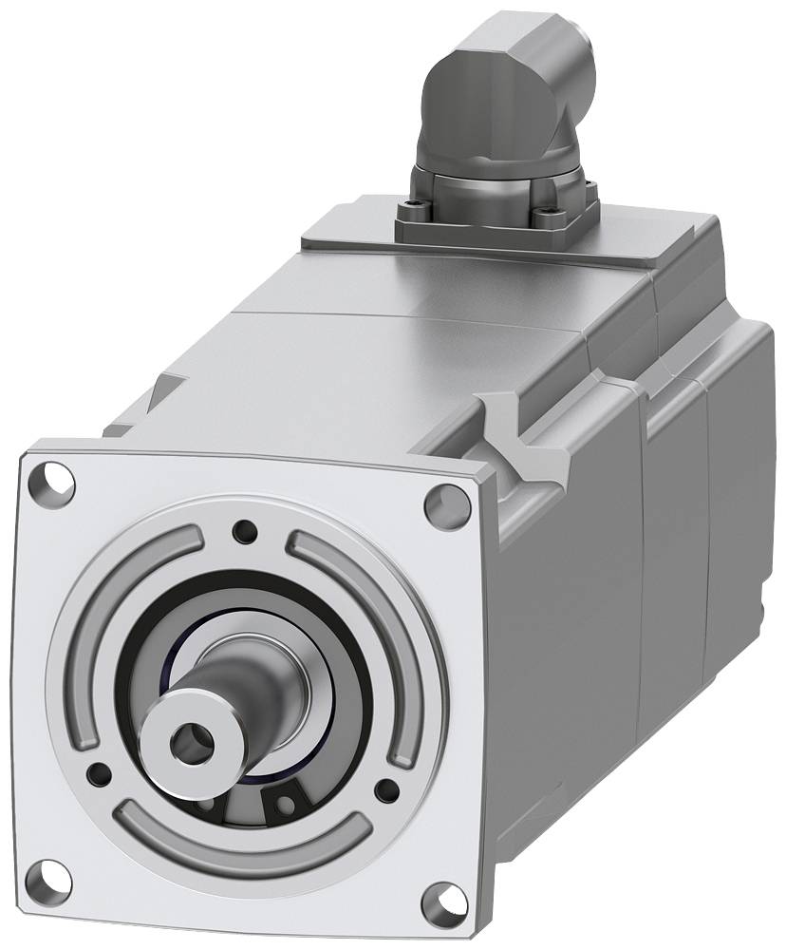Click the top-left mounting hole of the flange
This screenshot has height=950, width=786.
pos(58,480)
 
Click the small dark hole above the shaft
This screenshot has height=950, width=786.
pos(246,528)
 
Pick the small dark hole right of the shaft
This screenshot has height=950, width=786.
pos(385,789)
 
